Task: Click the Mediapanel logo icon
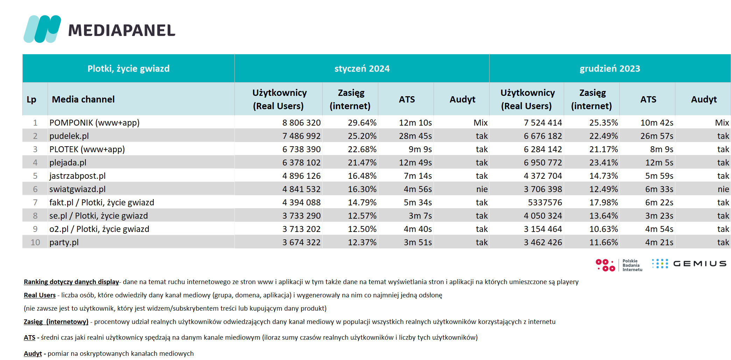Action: point(42,29)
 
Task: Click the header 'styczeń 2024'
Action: point(362,69)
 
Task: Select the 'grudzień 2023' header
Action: point(610,69)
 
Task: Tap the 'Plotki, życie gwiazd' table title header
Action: point(128,69)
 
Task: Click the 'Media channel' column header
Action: point(83,99)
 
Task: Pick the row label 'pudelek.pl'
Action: point(69,136)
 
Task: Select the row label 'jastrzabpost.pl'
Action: point(77,176)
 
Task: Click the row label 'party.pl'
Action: point(64,242)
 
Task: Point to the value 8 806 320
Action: point(301,122)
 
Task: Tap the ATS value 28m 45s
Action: point(415,136)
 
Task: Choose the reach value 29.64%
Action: point(362,122)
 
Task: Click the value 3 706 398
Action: point(543,189)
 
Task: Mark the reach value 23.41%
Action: point(604,162)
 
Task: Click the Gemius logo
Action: point(689,264)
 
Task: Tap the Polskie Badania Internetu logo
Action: point(619,265)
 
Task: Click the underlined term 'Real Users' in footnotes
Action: point(40,295)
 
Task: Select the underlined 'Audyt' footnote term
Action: point(33,353)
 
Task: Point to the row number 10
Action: point(35,242)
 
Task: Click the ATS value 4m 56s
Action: point(418,189)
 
